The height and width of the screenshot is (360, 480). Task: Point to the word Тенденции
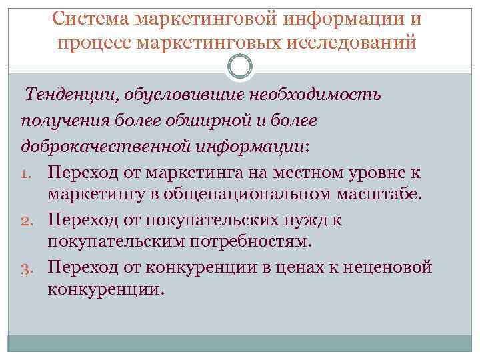[68, 95]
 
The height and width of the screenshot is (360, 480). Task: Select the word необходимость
[315, 95]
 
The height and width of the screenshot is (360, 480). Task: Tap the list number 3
[31, 269]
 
